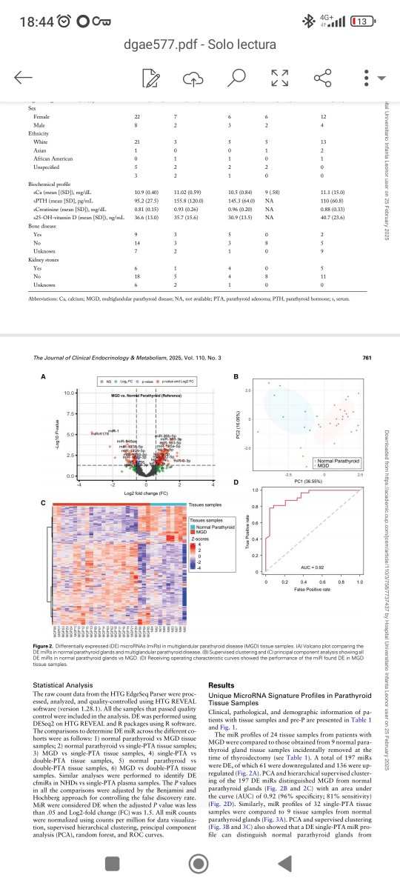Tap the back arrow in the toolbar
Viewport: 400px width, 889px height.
(23, 78)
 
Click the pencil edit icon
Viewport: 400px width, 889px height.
(152, 78)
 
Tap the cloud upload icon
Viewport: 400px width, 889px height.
(193, 78)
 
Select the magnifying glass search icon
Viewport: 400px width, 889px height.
(236, 78)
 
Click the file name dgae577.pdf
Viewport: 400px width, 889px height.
(163, 46)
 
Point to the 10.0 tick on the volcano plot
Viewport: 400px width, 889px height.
(67, 393)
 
